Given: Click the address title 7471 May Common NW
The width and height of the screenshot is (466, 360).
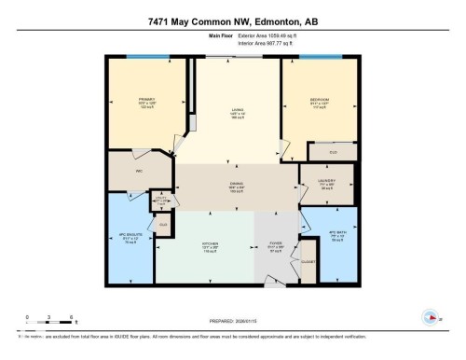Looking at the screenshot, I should pyautogui.click(x=232, y=21).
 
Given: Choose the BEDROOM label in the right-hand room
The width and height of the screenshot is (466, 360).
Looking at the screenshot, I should pyautogui.click(x=320, y=101).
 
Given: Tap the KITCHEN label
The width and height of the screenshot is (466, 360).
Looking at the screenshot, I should pyautogui.click(x=211, y=248).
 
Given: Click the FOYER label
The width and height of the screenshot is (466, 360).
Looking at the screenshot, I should pyautogui.click(x=276, y=249).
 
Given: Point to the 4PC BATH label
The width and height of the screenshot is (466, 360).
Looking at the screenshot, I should pyautogui.click(x=337, y=236).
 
